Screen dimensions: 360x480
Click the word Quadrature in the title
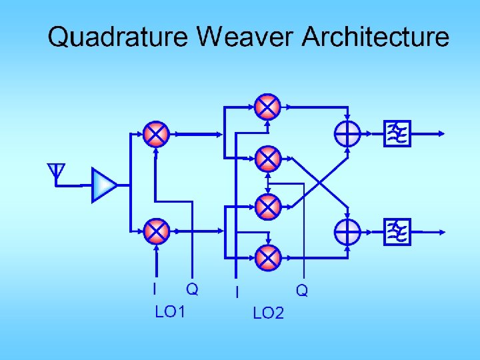pos(117,37)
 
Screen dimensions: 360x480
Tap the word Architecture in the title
pos(375,37)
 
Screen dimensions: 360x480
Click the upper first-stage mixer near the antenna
pos(156,134)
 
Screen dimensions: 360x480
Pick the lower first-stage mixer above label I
pos(156,231)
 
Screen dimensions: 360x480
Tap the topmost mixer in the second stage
pos(267,106)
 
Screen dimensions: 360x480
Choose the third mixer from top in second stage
pos(267,207)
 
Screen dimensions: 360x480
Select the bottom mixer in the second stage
pos(267,257)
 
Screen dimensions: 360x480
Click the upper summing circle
pos(347,134)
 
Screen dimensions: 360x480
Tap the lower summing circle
pos(347,232)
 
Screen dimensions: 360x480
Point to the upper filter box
pos(398,134)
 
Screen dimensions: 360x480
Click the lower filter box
pos(398,231)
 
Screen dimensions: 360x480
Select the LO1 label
pos(169,312)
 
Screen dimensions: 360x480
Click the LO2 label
pos(268,313)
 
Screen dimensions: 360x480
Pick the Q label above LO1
pos(192,289)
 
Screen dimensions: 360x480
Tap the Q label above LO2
pos(302,291)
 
